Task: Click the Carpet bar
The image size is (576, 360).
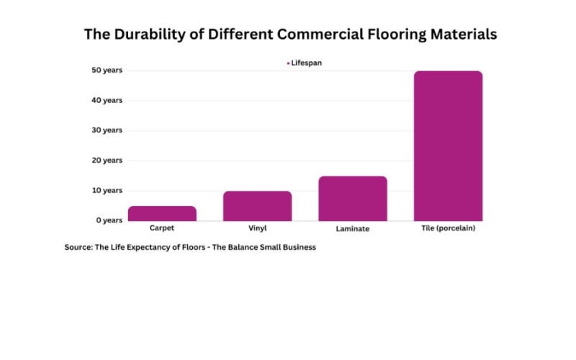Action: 162,213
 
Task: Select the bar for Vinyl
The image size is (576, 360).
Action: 257,206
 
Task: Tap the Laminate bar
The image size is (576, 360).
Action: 353,198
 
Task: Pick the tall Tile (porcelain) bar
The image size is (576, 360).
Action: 448,145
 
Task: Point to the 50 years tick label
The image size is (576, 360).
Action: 107,71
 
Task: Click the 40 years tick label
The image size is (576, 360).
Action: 107,100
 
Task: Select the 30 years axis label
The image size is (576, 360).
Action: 107,130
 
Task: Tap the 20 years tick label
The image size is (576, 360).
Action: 107,161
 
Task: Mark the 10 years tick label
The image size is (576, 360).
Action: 107,190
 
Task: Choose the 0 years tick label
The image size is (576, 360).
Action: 109,220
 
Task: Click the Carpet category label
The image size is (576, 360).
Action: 162,228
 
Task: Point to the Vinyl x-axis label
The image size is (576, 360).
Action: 257,228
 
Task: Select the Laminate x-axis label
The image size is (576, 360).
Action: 353,229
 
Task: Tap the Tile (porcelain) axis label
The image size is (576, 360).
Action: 448,229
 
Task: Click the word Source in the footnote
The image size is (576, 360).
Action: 78,247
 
